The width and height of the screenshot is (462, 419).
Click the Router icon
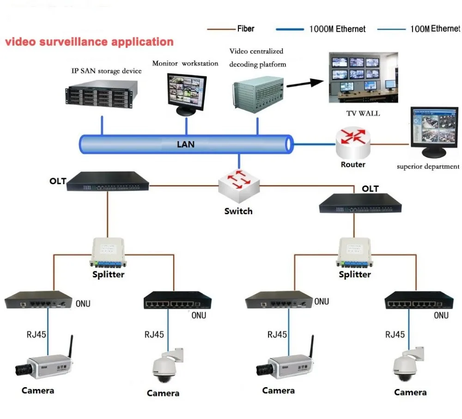(x=353, y=144)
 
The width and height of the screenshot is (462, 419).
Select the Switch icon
(x=238, y=186)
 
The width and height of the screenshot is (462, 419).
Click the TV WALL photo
(x=363, y=78)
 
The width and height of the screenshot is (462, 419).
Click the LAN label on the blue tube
(x=186, y=144)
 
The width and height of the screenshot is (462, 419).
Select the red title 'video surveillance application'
(x=89, y=42)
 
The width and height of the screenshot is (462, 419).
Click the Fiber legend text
(x=246, y=29)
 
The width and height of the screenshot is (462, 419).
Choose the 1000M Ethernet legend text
(x=337, y=29)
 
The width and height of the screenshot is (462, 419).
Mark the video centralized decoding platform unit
(x=255, y=93)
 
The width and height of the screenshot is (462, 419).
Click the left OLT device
(x=107, y=181)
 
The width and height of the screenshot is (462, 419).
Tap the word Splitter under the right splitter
(x=355, y=274)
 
